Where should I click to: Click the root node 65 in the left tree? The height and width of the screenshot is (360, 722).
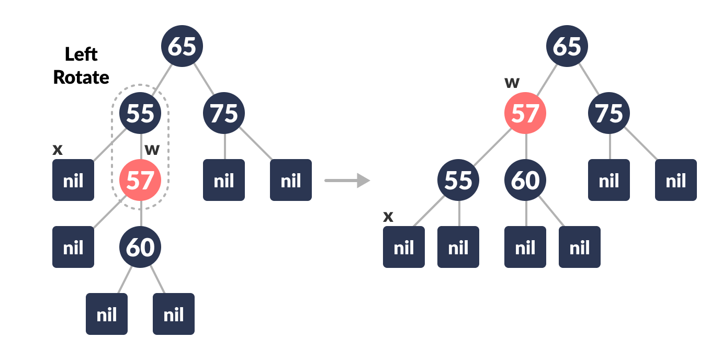pyautogui.click(x=182, y=46)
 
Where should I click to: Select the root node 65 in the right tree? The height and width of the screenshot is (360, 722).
pyautogui.click(x=567, y=46)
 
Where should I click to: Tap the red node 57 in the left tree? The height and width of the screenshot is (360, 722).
pyautogui.click(x=140, y=181)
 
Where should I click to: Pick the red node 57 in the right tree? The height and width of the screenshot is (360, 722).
pyautogui.click(x=525, y=113)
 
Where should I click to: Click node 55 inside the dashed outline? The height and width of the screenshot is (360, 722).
pyautogui.click(x=140, y=113)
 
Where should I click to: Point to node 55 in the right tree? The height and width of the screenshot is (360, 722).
pyautogui.click(x=458, y=181)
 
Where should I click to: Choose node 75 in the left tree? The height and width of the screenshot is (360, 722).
pyautogui.click(x=224, y=113)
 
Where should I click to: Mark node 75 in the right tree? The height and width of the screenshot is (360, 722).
pyautogui.click(x=608, y=113)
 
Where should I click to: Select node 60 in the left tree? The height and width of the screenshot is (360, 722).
pyautogui.click(x=140, y=247)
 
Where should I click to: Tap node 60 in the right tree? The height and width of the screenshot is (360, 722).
pyautogui.click(x=525, y=181)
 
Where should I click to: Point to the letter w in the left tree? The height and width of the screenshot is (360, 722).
pyautogui.click(x=152, y=150)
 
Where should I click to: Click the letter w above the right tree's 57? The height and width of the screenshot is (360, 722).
pyautogui.click(x=512, y=82)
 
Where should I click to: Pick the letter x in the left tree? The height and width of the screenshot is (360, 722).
pyautogui.click(x=58, y=150)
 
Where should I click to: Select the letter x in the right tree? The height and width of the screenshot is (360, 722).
pyautogui.click(x=388, y=216)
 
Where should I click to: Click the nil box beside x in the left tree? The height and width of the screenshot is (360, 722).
pyautogui.click(x=73, y=181)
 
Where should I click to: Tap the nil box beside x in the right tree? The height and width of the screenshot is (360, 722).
pyautogui.click(x=404, y=247)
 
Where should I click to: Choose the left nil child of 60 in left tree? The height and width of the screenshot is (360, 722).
pyautogui.click(x=107, y=314)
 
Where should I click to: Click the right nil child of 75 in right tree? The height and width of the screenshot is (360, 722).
pyautogui.click(x=675, y=181)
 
